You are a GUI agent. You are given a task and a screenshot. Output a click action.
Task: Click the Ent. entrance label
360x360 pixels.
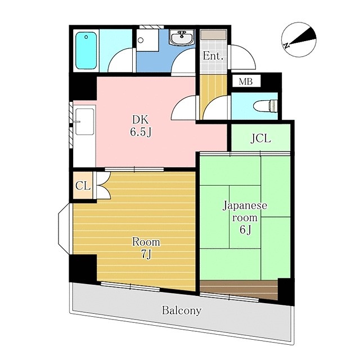pos(213,56)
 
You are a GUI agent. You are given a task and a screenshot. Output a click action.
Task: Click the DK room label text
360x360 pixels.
pos(141,119)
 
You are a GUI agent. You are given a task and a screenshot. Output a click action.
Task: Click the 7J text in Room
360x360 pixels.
pos(146,254)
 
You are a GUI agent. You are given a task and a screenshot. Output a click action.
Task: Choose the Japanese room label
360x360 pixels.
pos(245,211)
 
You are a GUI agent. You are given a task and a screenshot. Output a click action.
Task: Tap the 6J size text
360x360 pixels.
pos(245,230)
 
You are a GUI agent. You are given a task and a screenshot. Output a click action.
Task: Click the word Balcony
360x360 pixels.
pos(181,310)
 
